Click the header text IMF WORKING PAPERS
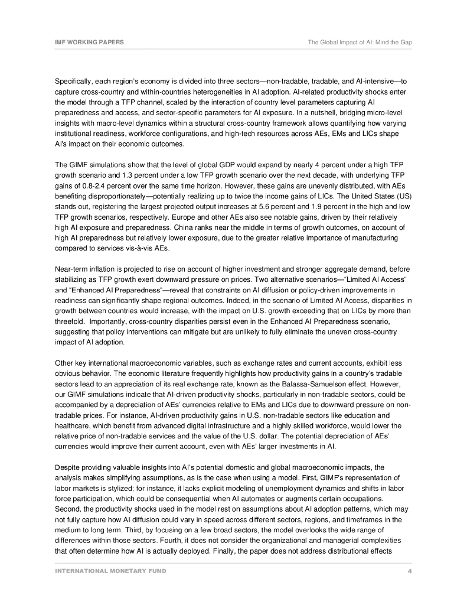(x=89, y=43)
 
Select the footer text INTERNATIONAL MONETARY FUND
(x=110, y=571)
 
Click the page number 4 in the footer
(x=409, y=571)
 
